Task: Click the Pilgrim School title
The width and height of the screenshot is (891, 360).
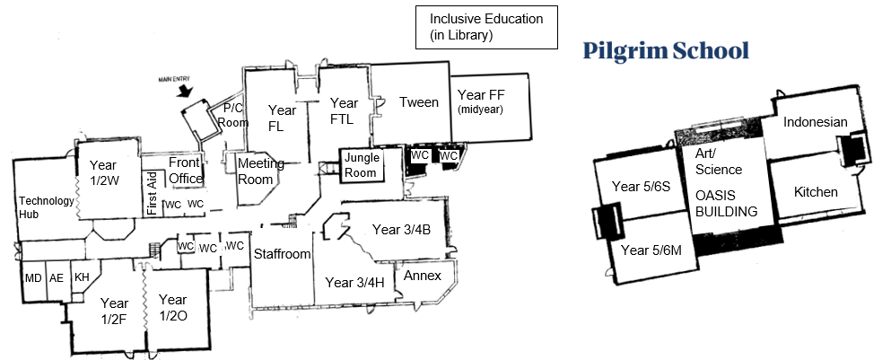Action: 665,50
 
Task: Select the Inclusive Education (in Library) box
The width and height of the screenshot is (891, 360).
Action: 485,27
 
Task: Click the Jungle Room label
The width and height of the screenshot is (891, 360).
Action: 363,164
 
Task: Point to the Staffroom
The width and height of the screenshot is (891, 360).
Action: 281,254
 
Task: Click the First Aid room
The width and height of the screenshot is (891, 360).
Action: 151,195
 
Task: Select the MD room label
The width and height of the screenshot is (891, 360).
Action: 33,278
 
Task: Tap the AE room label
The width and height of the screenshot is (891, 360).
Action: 57,278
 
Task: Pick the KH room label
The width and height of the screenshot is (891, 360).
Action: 81,278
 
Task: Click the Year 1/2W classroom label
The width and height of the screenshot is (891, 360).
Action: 102,171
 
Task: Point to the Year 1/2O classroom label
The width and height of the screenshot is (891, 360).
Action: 172,307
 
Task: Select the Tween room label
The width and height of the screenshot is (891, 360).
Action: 419,102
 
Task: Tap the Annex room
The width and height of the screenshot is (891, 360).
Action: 423,276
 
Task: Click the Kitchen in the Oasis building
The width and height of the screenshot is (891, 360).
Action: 817,192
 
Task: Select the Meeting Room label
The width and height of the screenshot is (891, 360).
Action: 260,171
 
